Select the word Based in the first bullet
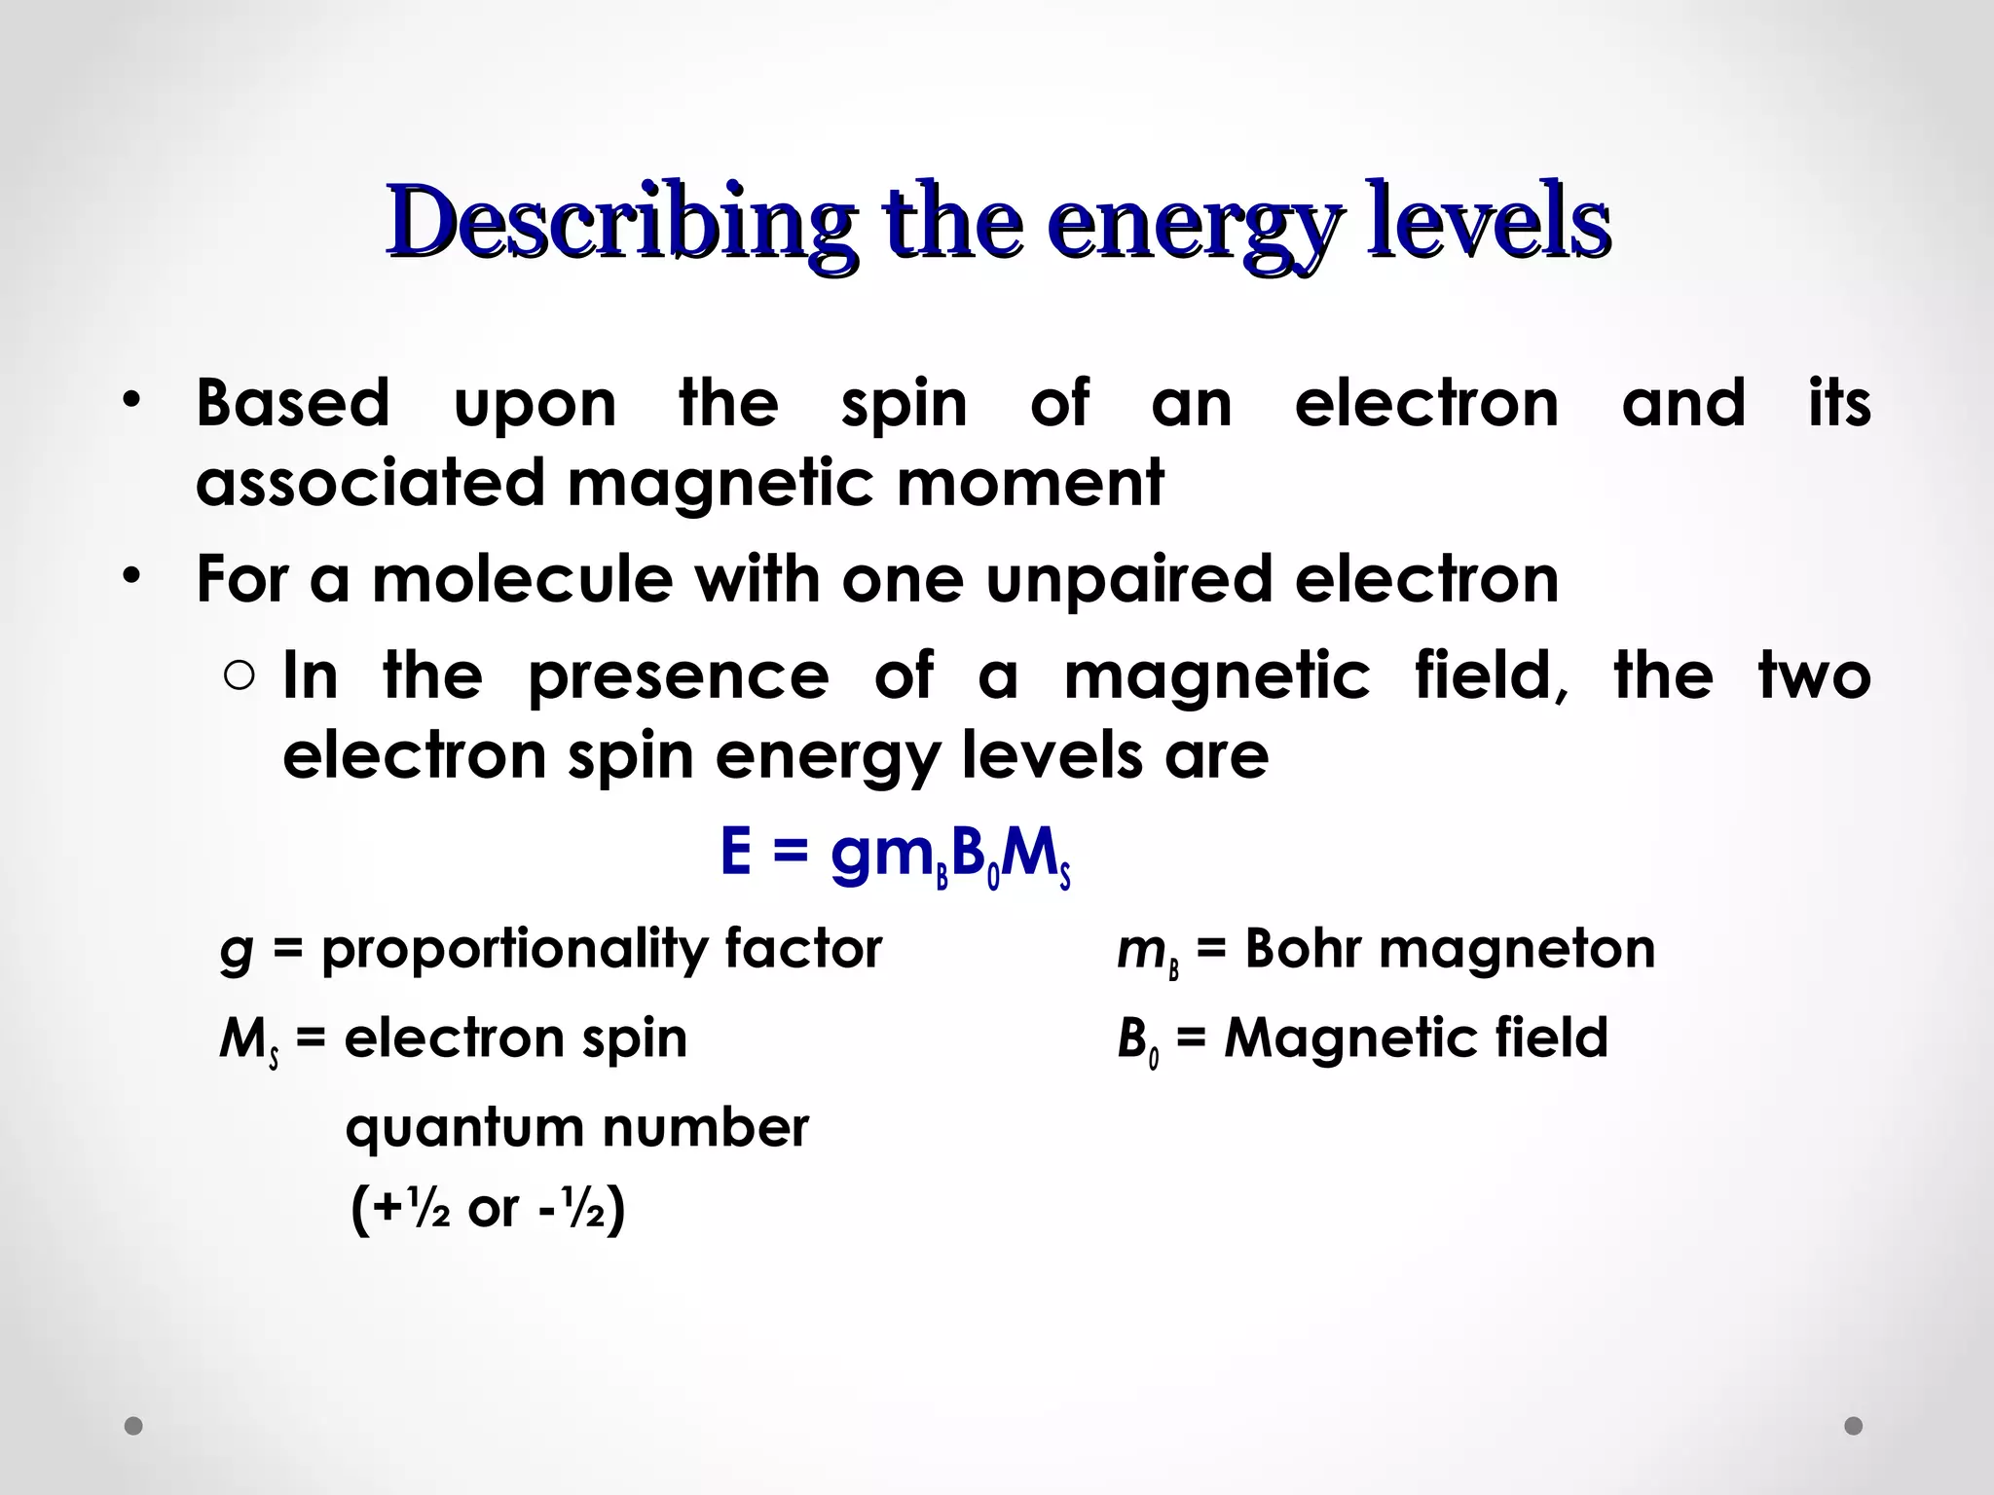292,403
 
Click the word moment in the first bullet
1030,483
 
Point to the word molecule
522,579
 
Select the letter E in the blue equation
736,852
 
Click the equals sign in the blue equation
791,854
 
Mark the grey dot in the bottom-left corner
134,1426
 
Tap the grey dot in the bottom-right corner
1853,1426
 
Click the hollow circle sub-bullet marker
239,676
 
